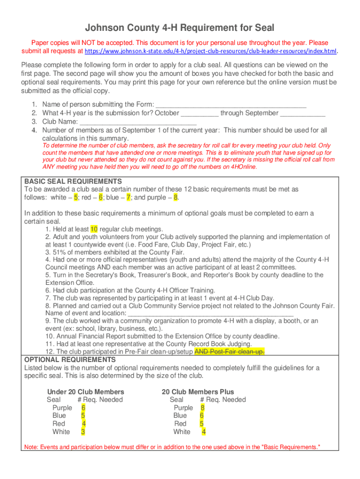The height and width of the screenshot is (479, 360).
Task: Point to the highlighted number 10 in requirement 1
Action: [94, 229]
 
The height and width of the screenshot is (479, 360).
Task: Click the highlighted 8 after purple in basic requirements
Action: [175, 197]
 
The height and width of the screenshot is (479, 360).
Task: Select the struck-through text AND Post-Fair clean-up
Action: [229, 351]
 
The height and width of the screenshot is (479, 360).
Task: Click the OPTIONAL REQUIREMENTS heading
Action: [70, 359]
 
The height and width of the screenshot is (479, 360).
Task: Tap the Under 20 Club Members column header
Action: [86, 392]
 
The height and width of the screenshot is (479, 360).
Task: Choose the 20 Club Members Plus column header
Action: [198, 392]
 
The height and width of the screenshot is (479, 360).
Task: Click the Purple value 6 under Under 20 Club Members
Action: [83, 407]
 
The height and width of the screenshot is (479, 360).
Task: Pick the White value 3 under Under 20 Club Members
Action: [83, 432]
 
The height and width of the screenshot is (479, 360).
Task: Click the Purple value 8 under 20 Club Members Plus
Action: [202, 407]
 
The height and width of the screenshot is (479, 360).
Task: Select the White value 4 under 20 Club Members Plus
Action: [204, 432]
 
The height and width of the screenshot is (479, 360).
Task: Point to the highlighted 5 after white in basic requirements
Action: [76, 197]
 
